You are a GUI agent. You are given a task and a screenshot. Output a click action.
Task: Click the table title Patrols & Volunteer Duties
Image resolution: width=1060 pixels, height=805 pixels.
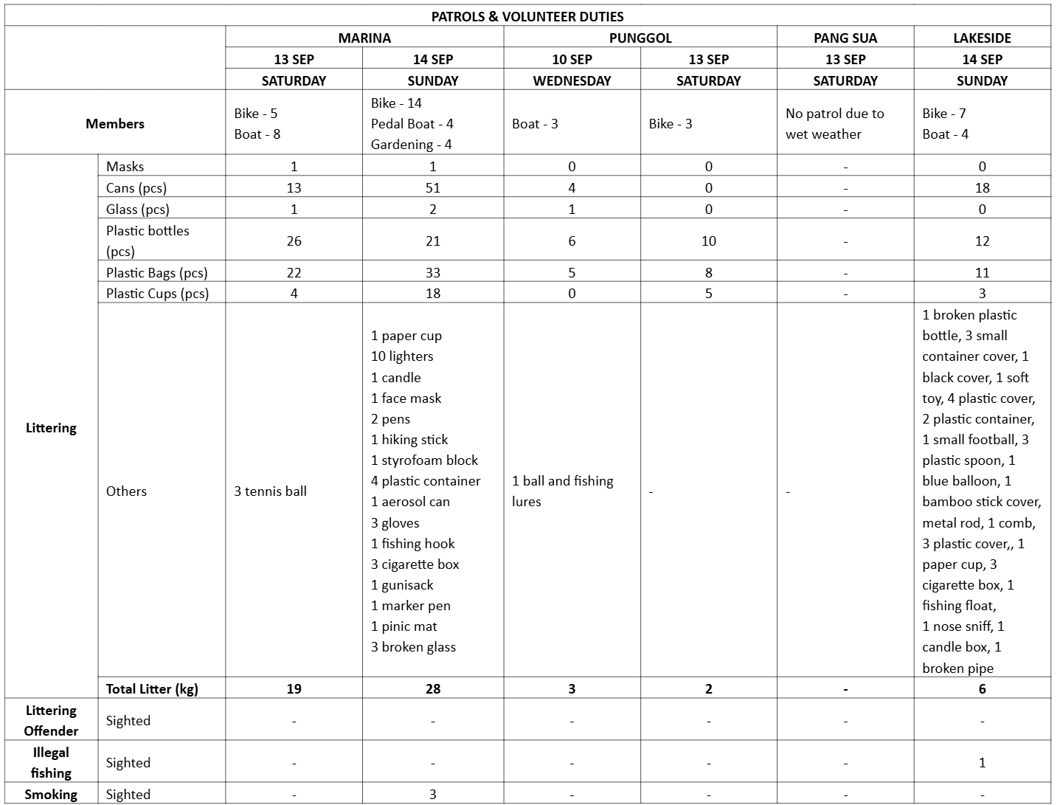click(527, 16)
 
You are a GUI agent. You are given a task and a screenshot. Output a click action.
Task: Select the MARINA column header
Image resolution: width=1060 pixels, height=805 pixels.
click(364, 38)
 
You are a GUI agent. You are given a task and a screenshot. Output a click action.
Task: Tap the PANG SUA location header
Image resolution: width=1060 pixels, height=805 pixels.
click(845, 38)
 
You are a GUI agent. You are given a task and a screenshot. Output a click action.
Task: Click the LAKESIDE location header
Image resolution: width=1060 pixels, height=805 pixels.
click(982, 38)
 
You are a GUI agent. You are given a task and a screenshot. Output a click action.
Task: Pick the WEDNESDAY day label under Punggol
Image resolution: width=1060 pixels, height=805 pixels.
click(572, 80)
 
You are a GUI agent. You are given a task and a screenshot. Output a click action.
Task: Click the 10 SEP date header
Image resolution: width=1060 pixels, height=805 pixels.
click(572, 59)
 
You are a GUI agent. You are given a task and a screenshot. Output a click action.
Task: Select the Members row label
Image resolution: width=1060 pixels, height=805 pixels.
click(114, 123)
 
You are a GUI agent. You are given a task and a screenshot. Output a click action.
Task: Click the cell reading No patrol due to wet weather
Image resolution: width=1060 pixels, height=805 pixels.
click(834, 123)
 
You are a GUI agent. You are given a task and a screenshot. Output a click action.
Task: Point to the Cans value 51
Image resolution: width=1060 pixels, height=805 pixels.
click(432, 187)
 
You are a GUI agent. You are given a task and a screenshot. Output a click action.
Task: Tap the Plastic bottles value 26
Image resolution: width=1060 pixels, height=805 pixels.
click(294, 241)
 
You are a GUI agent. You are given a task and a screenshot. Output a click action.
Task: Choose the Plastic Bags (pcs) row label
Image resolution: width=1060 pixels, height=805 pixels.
click(156, 272)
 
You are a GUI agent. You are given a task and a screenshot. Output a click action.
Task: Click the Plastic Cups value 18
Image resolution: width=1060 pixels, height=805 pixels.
click(432, 293)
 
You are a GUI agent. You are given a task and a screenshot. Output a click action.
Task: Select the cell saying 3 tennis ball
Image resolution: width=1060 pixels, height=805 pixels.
click(270, 491)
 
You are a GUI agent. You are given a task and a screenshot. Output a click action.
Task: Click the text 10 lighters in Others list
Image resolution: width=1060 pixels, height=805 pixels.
click(402, 356)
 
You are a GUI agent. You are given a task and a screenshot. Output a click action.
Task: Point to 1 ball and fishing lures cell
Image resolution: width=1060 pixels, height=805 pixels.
click(562, 491)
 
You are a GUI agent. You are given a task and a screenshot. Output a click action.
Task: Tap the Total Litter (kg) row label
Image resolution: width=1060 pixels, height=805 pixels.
click(152, 688)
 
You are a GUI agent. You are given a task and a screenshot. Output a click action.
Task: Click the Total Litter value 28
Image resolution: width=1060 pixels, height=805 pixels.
click(432, 688)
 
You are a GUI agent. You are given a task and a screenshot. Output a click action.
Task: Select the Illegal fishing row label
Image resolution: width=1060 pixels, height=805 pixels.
click(51, 762)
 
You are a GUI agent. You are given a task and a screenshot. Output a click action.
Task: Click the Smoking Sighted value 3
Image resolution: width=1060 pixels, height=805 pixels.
click(432, 794)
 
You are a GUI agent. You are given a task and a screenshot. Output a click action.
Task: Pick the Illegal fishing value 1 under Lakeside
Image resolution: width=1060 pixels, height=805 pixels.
click(982, 762)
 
